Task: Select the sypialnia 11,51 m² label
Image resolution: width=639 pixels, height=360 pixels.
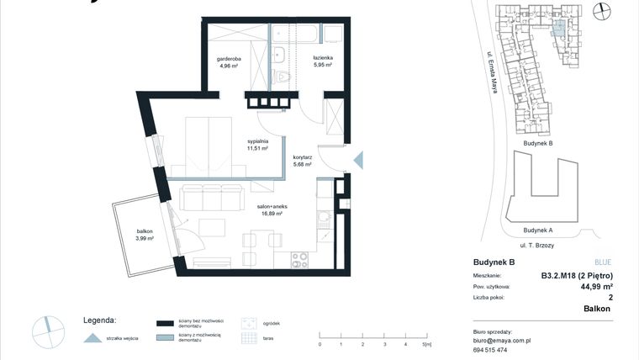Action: click(257, 145)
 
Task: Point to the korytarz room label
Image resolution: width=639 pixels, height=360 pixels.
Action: click(303, 161)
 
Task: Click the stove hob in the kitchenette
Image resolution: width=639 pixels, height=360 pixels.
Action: click(298, 258)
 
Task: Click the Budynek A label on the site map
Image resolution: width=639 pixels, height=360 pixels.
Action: click(537, 230)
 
